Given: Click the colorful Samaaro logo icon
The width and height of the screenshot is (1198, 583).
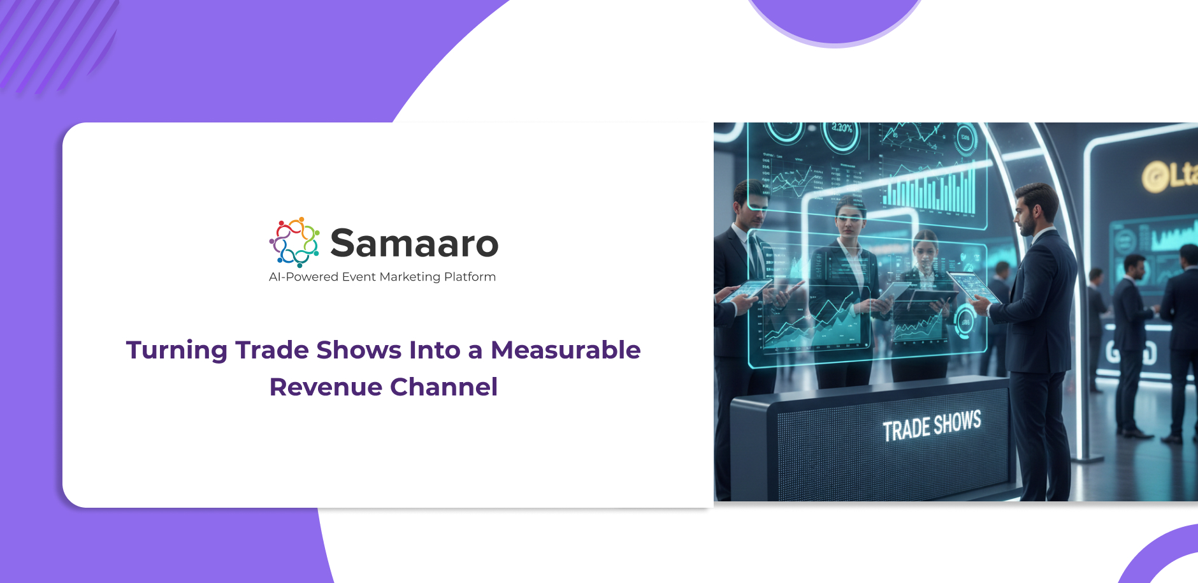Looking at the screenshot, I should [294, 242].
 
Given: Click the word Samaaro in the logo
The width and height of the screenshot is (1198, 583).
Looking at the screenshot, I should [414, 243].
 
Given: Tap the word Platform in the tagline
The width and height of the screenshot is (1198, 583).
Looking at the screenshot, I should [470, 277].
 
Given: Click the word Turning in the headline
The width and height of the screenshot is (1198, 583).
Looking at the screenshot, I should [177, 350].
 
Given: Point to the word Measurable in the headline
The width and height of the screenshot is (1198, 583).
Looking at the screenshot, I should [565, 350].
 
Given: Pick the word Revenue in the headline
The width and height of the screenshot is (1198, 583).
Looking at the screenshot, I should [325, 387].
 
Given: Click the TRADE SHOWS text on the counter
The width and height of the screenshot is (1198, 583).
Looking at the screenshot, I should [931, 426].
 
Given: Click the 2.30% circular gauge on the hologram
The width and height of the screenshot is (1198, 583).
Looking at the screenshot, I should [842, 132].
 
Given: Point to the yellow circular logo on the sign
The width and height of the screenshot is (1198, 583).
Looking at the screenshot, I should [1153, 177].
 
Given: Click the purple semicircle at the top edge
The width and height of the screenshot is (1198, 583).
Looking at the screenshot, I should [835, 19].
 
